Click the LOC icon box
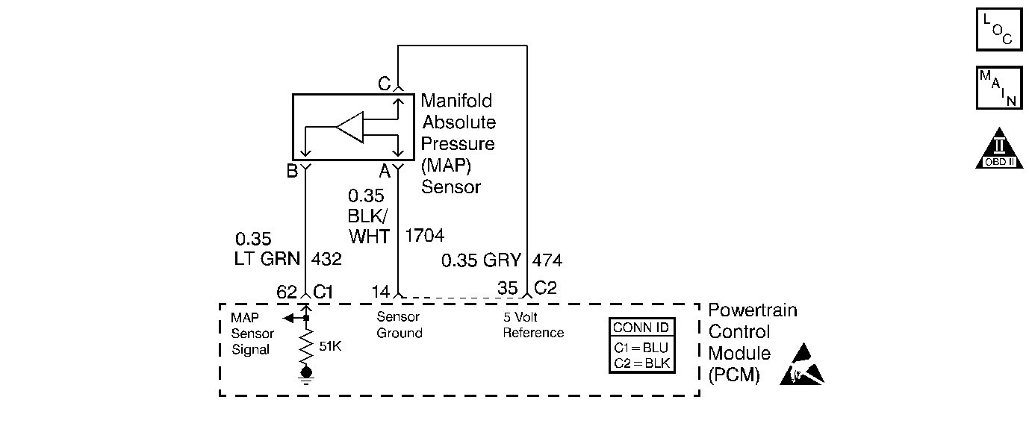[x=998, y=29]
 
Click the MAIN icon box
[x=998, y=87]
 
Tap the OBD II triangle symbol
[x=998, y=151]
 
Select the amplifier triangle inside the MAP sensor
[x=349, y=128]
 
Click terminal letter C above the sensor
[x=384, y=84]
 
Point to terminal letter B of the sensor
[x=292, y=171]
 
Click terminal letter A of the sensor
[x=385, y=171]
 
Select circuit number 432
[x=326, y=260]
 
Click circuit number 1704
[x=424, y=236]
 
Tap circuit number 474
[x=547, y=260]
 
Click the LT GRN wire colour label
[x=267, y=260]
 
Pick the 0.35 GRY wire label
[x=480, y=260]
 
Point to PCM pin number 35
[x=508, y=289]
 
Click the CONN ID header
[x=641, y=328]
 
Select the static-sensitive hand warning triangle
[x=802, y=368]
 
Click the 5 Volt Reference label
[x=533, y=325]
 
